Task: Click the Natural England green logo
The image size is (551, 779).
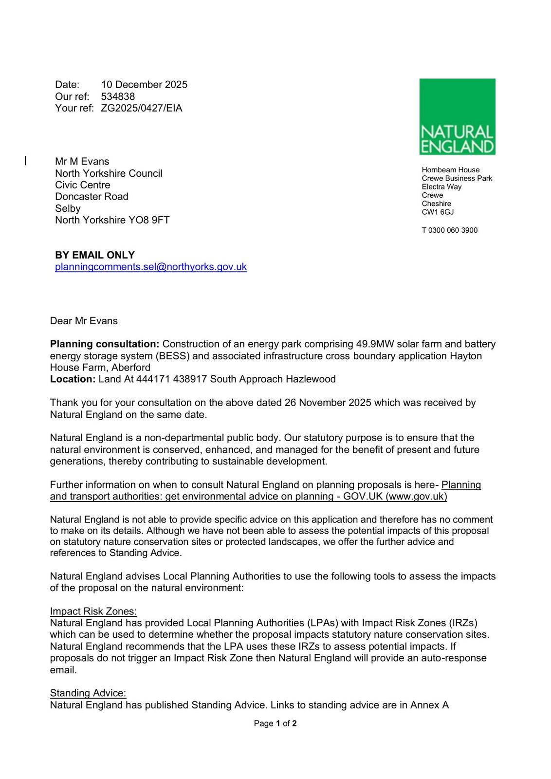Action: (x=457, y=117)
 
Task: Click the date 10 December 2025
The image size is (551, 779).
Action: (x=144, y=85)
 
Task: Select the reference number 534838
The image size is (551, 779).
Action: (x=118, y=96)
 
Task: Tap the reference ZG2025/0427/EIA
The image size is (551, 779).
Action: (x=142, y=108)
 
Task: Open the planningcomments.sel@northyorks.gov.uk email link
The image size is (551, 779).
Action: (x=151, y=267)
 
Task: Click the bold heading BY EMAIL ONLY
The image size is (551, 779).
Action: (x=95, y=255)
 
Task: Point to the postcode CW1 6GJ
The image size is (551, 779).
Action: (x=438, y=212)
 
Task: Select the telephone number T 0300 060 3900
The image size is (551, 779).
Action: (x=449, y=230)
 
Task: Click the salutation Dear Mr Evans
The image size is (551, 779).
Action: (x=84, y=321)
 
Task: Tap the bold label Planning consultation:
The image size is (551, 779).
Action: (x=105, y=344)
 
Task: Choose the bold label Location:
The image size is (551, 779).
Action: (x=73, y=379)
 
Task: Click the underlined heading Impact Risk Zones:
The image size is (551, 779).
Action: (x=93, y=612)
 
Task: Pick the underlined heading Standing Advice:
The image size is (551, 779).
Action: (x=88, y=693)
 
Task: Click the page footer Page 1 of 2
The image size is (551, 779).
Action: (x=275, y=723)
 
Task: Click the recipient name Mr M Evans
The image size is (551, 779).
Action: (x=82, y=162)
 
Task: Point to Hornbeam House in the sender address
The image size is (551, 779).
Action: (x=450, y=170)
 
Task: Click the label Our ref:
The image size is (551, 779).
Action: (x=72, y=96)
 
